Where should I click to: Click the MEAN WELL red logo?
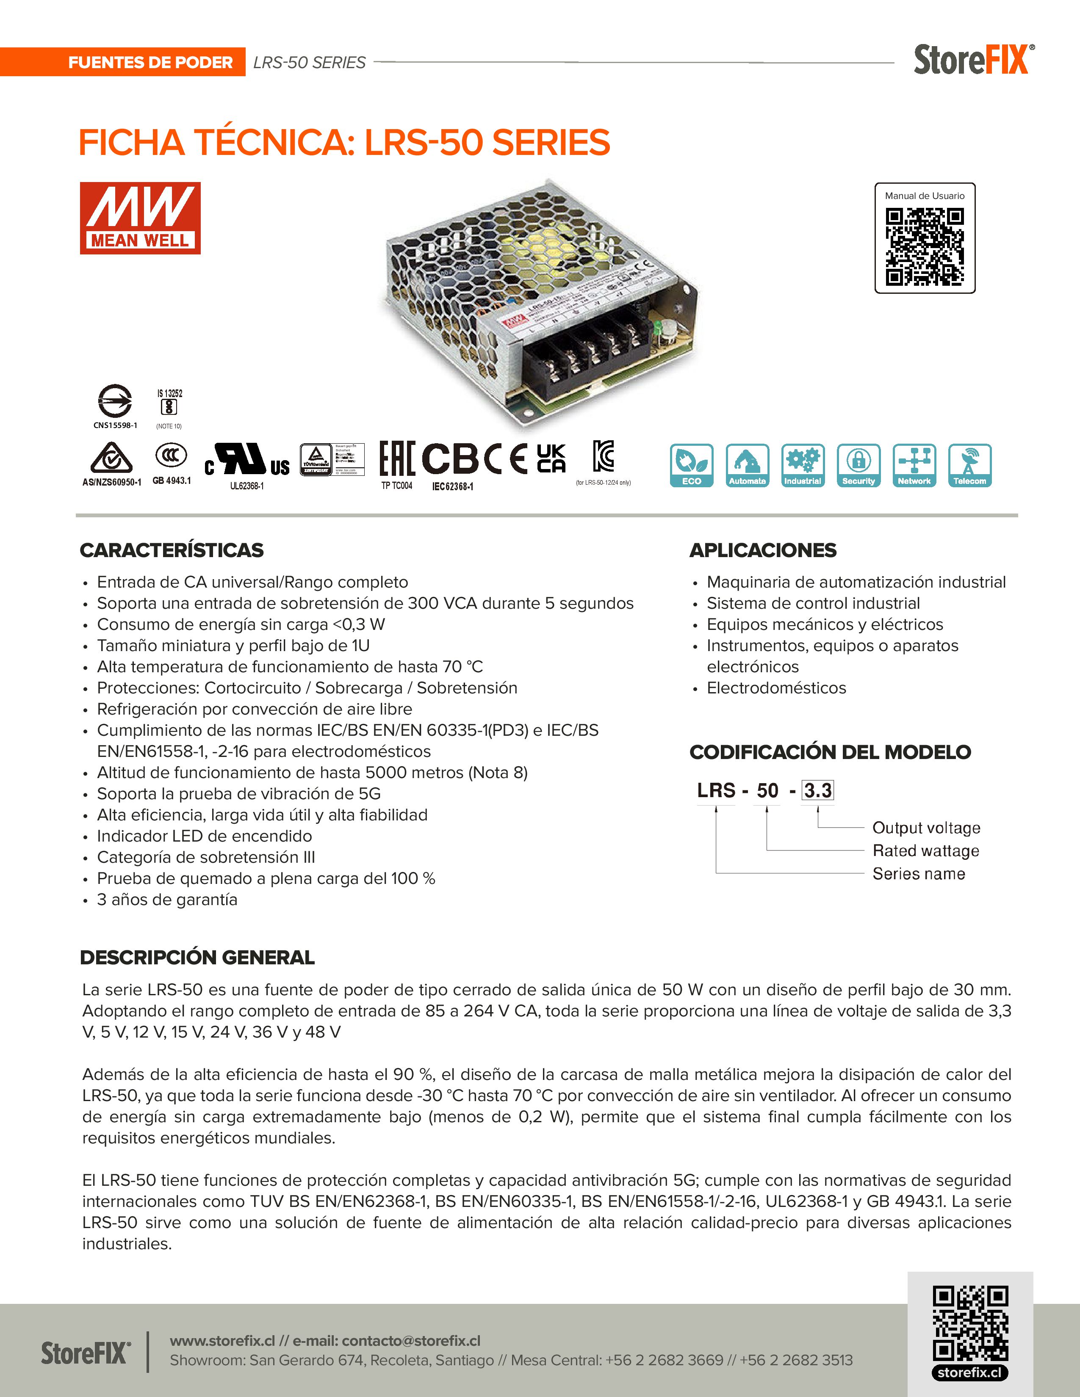click(x=140, y=218)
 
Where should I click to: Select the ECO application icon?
click(x=691, y=465)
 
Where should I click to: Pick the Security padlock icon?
click(x=858, y=465)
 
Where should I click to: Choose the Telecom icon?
click(x=969, y=465)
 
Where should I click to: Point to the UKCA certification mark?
click(x=551, y=458)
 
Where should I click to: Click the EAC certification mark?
click(x=397, y=458)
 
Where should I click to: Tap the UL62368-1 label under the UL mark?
click(x=247, y=486)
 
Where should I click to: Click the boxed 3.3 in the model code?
click(x=818, y=791)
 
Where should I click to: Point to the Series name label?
click(x=918, y=874)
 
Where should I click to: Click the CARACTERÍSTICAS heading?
click(x=172, y=550)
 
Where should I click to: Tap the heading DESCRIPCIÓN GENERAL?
click(x=197, y=958)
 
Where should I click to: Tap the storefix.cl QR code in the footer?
click(x=970, y=1324)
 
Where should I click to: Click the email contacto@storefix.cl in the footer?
click(x=411, y=1340)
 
